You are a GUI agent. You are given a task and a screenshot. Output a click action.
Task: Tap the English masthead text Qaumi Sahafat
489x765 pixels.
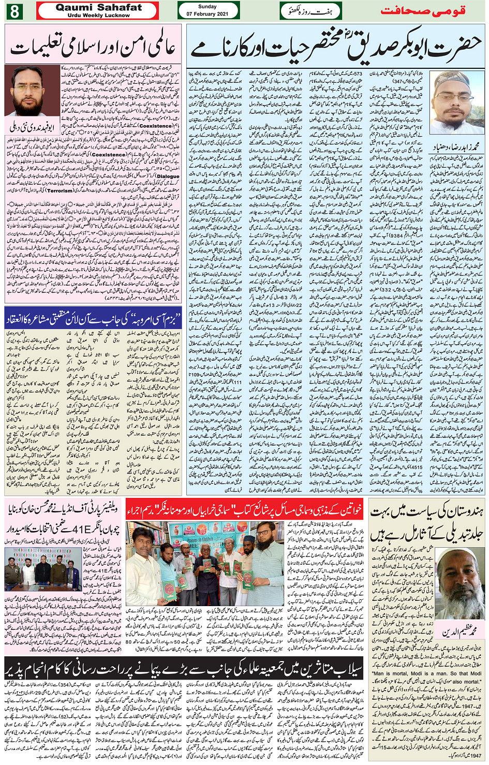coord(98,7)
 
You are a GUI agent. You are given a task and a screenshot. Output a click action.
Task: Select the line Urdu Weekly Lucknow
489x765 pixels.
coord(98,16)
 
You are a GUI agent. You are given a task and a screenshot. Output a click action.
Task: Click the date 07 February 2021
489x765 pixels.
coord(208,14)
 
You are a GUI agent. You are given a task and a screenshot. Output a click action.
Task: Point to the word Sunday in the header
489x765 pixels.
coord(208,7)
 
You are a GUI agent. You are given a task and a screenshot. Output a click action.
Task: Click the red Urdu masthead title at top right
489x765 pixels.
coord(423,11)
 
